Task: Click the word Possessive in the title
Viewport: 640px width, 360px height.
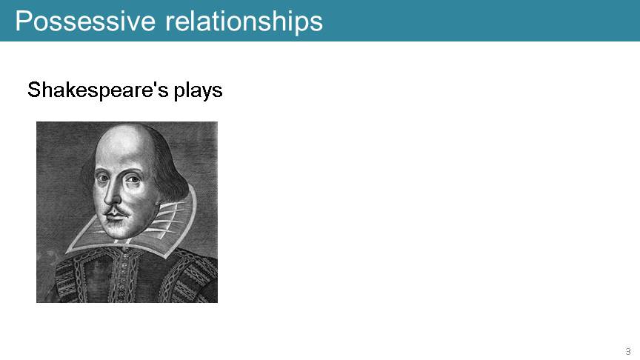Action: pos(85,21)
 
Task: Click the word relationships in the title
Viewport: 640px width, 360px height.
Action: pos(244,21)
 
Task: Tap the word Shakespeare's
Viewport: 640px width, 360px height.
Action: pos(98,90)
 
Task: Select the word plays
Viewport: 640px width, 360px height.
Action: pos(199,90)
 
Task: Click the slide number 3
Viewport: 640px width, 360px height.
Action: pos(627,351)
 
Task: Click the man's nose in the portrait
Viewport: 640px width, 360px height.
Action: pos(112,194)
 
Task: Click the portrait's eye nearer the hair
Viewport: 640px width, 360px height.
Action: pos(133,179)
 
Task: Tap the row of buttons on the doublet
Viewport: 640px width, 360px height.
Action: pos(122,278)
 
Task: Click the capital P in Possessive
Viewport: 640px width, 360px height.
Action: pos(23,21)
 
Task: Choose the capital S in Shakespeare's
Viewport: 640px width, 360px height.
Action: pos(34,90)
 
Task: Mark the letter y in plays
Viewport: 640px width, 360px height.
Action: pos(206,93)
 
